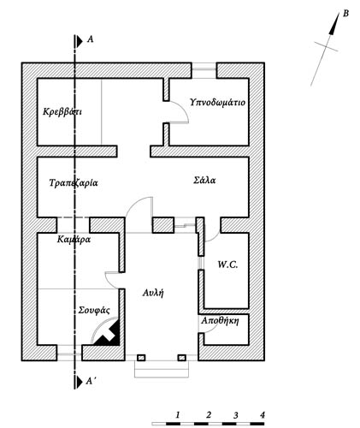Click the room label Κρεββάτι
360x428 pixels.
coord(62,111)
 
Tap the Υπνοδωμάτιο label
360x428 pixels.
coord(218,102)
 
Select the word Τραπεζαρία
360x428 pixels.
coord(74,182)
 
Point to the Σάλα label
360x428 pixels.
coord(204,180)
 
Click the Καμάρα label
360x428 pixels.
coord(74,239)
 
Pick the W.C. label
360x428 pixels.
coord(227,265)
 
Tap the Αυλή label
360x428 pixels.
coord(153,293)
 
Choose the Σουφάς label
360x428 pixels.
coord(94,310)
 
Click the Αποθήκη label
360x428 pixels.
coord(220,321)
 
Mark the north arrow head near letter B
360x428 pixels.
coord(334,24)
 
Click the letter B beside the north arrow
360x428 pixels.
coord(345,14)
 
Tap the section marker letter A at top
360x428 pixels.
coord(90,39)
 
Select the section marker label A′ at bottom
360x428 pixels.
coord(90,381)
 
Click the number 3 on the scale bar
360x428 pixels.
coord(235,415)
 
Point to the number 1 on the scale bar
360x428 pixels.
coord(178,414)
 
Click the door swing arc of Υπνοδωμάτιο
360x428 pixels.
coord(184,110)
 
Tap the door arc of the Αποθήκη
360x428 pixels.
coord(211,330)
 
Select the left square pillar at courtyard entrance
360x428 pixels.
coord(141,358)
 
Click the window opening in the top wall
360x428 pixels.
coord(204,69)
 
